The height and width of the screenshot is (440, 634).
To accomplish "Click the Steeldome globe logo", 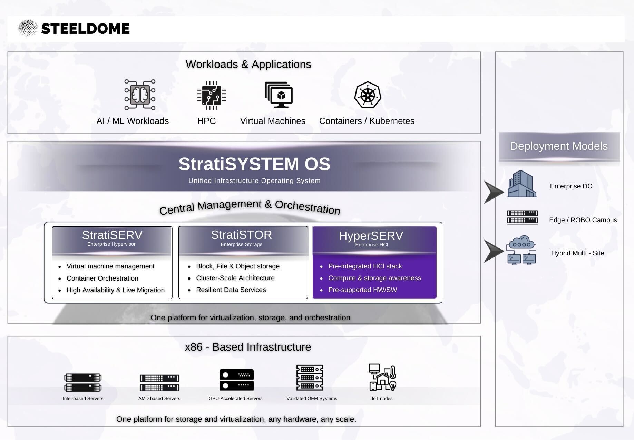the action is pos(28,28).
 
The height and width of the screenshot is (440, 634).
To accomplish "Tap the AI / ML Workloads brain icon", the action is pos(140,95).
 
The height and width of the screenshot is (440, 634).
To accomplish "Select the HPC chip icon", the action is pos(212,95).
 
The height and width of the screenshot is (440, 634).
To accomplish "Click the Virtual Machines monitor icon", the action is pos(279,95).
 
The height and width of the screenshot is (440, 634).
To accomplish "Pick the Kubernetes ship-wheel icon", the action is pos(368,95).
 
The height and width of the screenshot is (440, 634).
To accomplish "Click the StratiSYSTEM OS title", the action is pos(254,164).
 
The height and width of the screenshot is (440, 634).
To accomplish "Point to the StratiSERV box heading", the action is pos(112,235).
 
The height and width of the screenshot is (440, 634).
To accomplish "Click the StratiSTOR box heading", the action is pos(242,235).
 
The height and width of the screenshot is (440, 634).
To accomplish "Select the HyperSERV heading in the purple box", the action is pos(371,236).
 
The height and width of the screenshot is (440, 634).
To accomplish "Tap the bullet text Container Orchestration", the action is pos(103,278).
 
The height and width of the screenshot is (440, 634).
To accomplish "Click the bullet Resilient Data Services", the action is pos(231,290).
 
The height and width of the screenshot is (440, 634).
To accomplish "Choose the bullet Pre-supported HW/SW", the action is pos(363,290).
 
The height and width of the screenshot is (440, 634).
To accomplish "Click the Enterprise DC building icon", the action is pos(522,184).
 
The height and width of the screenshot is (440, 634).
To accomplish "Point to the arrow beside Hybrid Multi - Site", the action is pos(494,251).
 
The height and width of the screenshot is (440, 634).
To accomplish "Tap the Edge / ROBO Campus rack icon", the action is pos(523,217).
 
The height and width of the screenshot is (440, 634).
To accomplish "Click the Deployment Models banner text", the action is pos(559,146).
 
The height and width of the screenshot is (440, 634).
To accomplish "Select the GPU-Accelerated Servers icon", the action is pos(236,380).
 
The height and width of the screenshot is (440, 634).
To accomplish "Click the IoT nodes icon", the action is pos(382,377).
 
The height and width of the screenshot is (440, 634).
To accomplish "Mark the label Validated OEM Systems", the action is pos(312,398).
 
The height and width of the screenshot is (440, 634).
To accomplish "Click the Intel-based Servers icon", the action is pos(83,382).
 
